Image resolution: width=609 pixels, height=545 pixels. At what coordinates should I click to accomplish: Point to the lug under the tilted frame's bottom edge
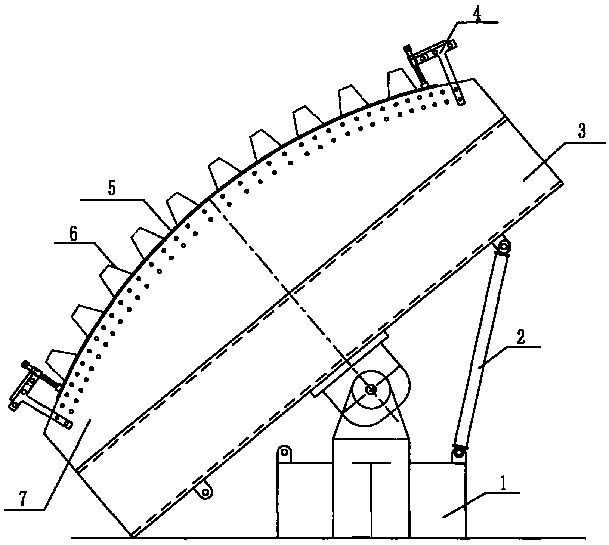(x=205, y=493)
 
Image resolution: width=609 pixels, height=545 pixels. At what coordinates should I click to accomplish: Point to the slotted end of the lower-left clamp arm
(x=64, y=421)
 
